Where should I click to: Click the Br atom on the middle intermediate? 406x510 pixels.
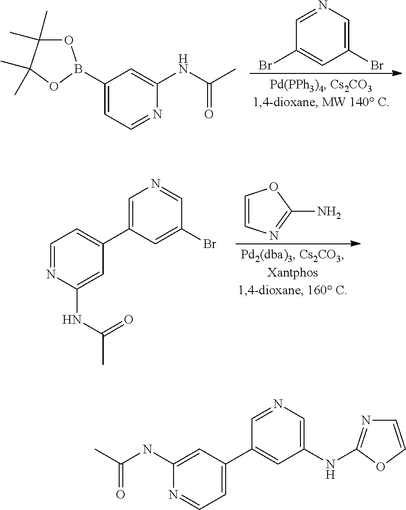[209, 245]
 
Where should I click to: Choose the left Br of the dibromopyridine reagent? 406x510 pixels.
[265, 66]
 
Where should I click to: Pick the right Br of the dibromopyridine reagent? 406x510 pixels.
[377, 66]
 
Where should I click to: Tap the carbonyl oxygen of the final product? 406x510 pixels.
[120, 494]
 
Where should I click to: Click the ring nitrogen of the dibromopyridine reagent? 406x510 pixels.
[323, 5]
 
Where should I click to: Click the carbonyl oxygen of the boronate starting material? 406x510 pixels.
[208, 114]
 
